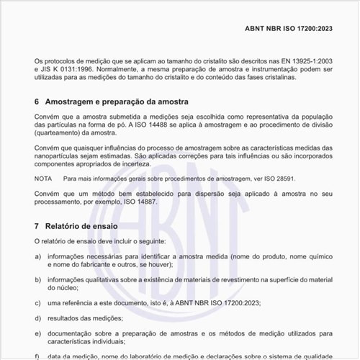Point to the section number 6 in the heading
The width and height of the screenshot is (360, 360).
pyautogui.click(x=37, y=102)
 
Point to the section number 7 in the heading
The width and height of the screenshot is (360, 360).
pyautogui.click(x=37, y=225)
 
